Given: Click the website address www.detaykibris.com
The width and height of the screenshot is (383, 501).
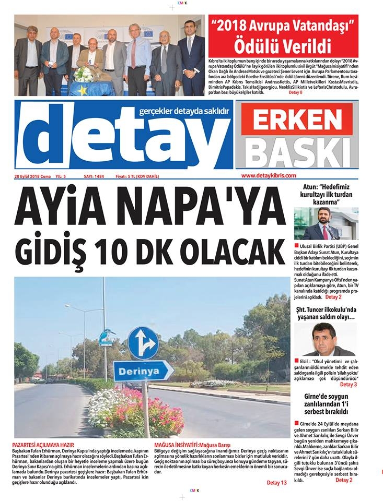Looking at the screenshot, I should (x=269, y=176).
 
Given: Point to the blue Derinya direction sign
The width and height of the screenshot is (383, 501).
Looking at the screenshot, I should (x=143, y=371).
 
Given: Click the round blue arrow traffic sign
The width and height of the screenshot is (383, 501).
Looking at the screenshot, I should (x=143, y=343).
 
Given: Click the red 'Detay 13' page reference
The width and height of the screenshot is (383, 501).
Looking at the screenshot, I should (x=276, y=483).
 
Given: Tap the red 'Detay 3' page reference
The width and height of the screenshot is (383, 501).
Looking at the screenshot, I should (x=348, y=385).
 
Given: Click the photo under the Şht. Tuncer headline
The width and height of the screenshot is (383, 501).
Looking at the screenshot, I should (x=324, y=339).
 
